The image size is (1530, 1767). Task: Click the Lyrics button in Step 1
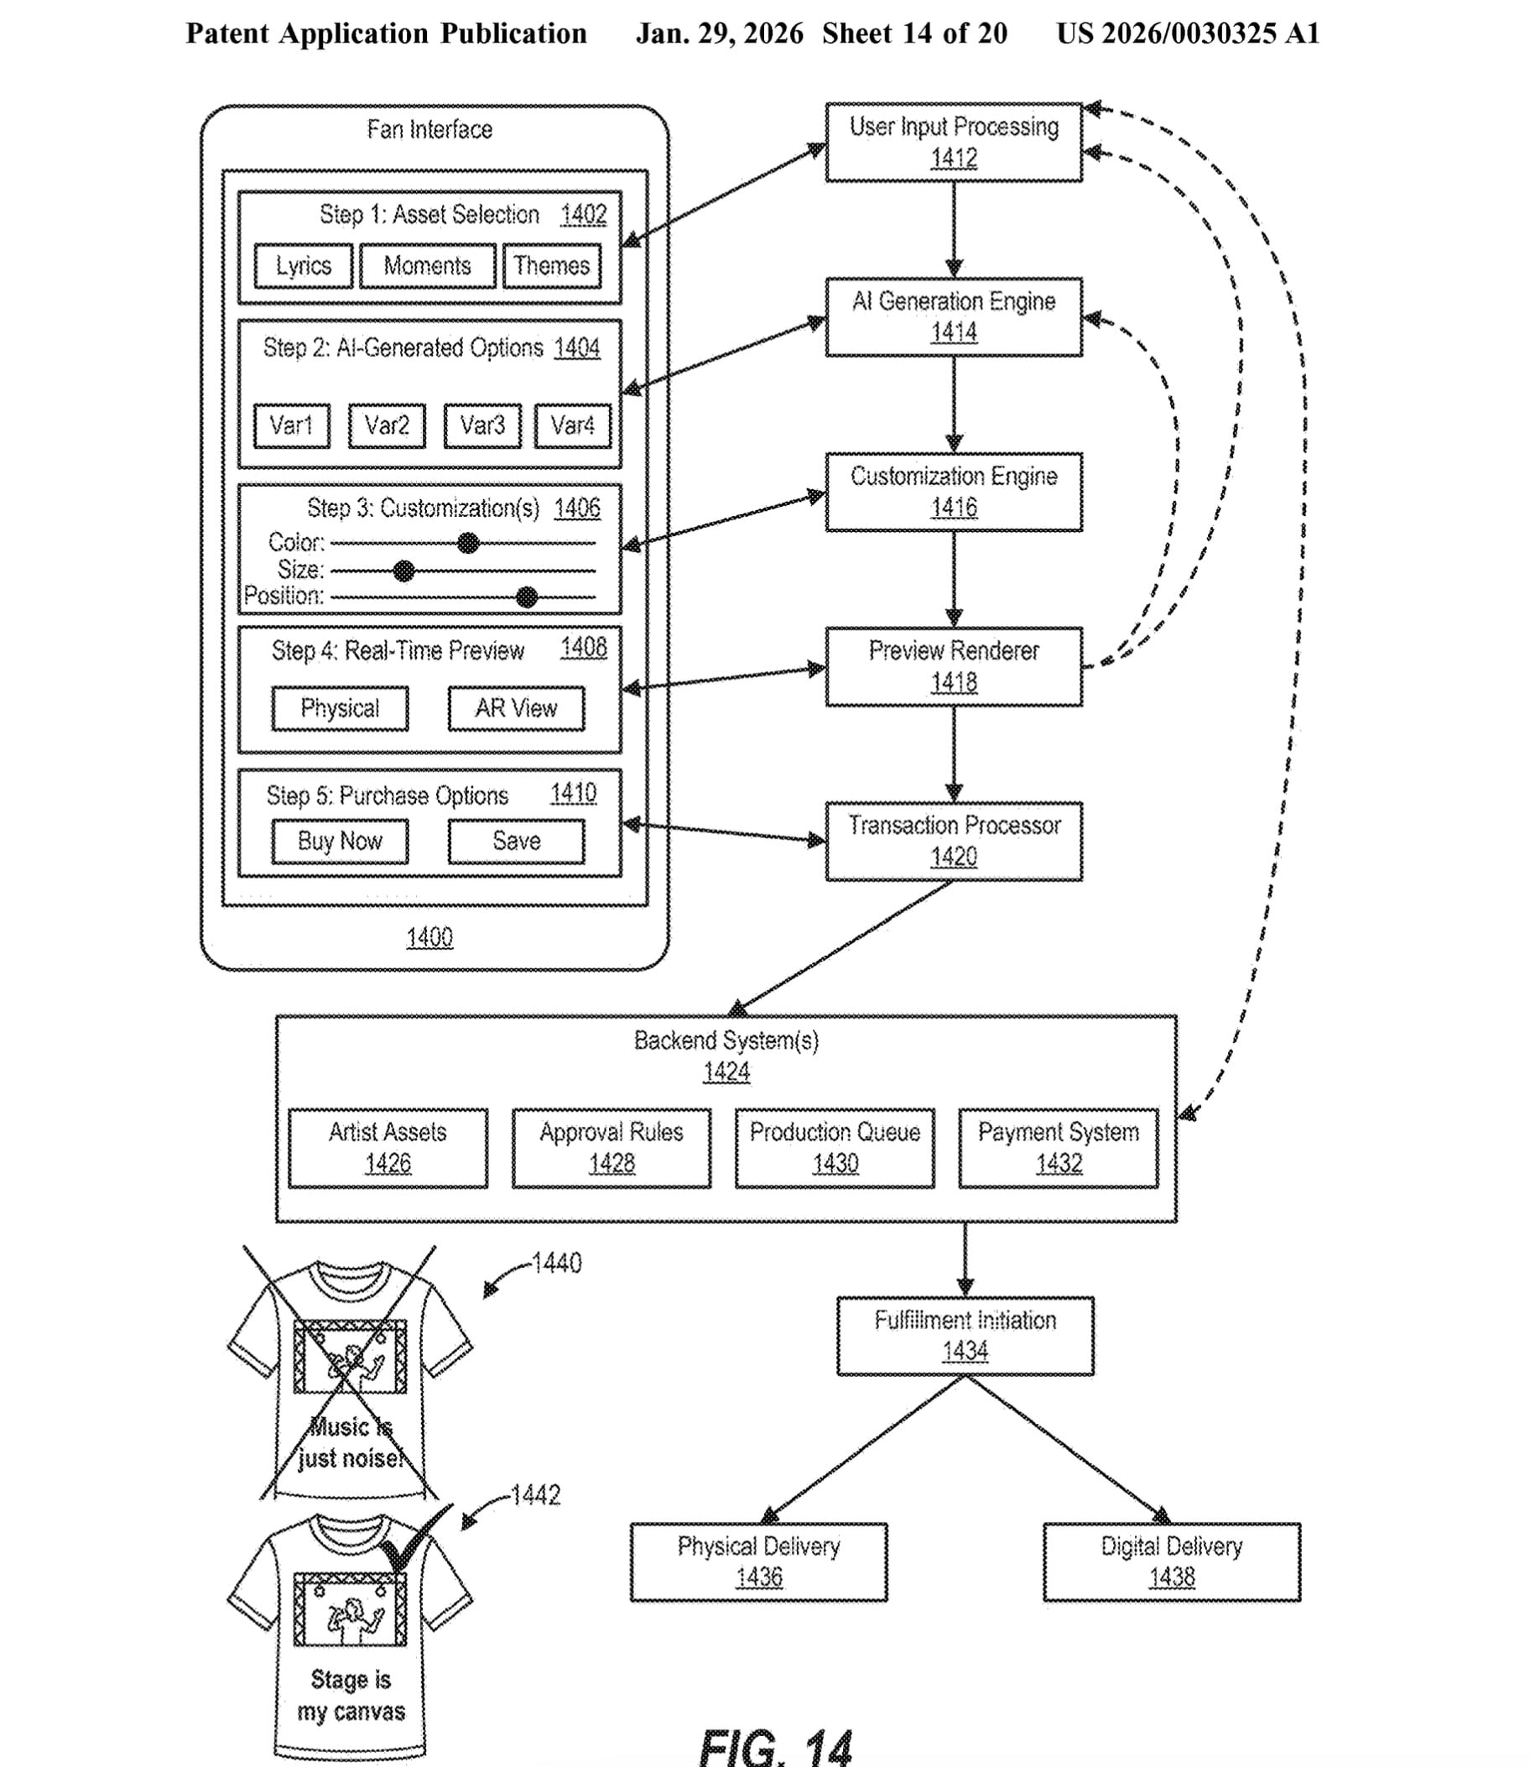[x=303, y=267]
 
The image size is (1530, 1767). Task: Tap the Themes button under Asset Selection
[x=552, y=267]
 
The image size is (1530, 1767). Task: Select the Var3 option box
[x=482, y=425]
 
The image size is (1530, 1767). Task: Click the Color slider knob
[x=468, y=543]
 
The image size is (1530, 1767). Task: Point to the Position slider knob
[x=527, y=597]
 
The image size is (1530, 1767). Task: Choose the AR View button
[x=516, y=708]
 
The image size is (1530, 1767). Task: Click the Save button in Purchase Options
[x=516, y=842]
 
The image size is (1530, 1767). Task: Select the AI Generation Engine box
[x=953, y=317]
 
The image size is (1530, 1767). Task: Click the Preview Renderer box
[x=953, y=667]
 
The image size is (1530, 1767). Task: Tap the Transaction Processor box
[x=953, y=842]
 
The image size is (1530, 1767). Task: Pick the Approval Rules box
[x=611, y=1148]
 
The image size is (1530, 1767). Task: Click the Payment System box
[x=1058, y=1148]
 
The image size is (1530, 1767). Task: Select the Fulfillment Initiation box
[x=965, y=1336]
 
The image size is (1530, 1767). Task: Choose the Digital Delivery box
[x=1171, y=1562]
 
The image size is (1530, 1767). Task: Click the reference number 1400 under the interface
[x=429, y=938]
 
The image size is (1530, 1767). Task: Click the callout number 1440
[x=556, y=1263]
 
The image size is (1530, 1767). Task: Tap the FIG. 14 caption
[x=775, y=1747]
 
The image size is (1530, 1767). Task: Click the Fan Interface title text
[x=429, y=130]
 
